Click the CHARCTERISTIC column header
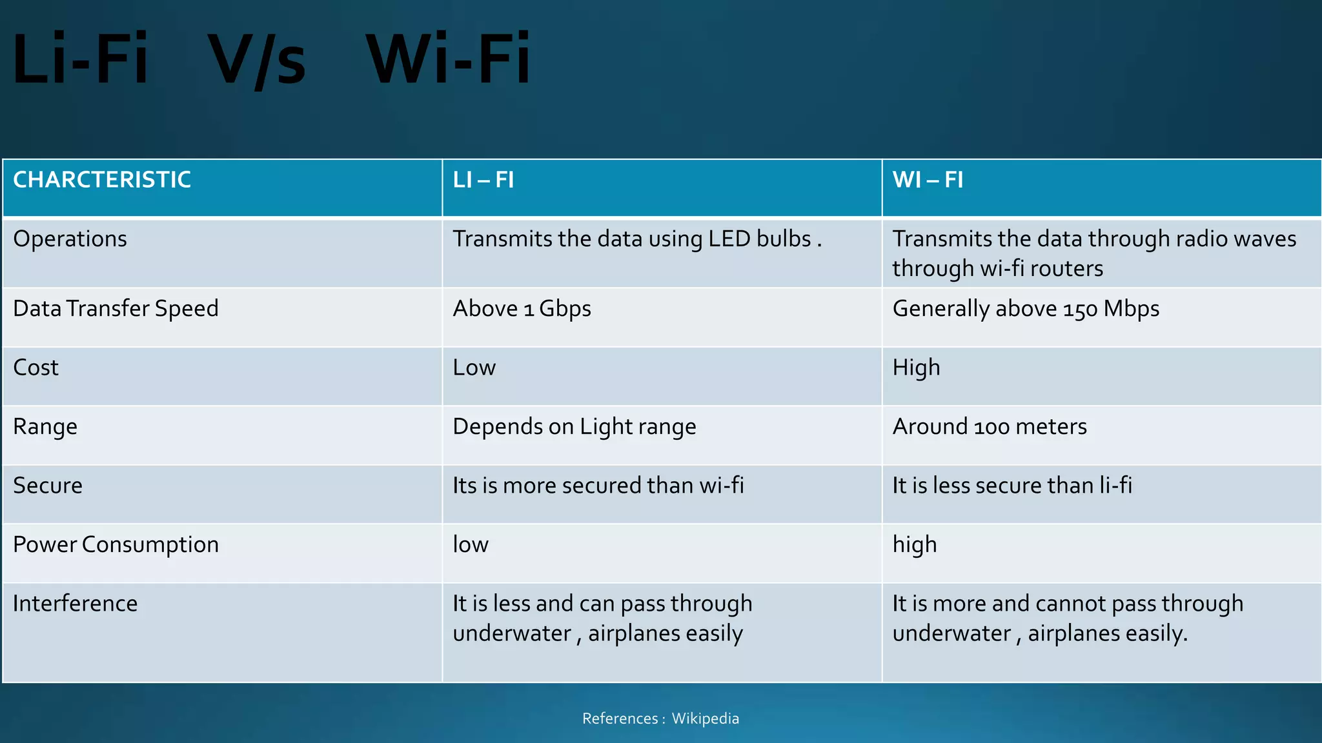pos(102,180)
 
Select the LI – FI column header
pos(483,180)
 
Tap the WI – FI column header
pos(928,180)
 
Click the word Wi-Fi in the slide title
pos(448,60)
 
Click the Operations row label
pos(70,239)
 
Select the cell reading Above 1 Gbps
pos(522,309)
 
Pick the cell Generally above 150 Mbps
pos(1025,309)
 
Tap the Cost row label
pos(36,368)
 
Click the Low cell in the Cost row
pos(474,368)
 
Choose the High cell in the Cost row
pos(916,368)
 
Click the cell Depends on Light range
pos(574,427)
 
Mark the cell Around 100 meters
pos(989,427)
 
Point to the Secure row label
pos(48,486)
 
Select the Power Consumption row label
pos(116,545)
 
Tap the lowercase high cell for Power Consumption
pos(914,545)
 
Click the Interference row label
pos(75,604)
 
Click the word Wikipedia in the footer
pos(705,718)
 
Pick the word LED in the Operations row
pos(729,239)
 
